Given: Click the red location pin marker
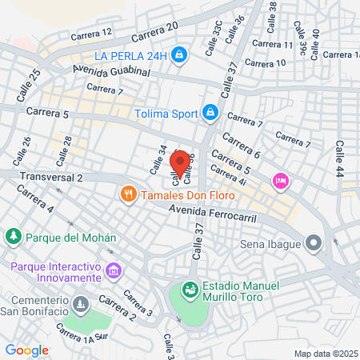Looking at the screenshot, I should [181, 161].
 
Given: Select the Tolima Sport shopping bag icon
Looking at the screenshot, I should [210, 112].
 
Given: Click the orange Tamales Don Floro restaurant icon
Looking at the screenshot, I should [127, 194].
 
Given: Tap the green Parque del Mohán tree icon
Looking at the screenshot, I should [13, 237].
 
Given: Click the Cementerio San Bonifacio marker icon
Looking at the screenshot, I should [80, 305].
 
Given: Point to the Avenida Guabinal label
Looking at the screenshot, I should [111, 72].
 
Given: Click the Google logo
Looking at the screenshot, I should [27, 350].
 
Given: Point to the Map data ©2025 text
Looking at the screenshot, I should [324, 354].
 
